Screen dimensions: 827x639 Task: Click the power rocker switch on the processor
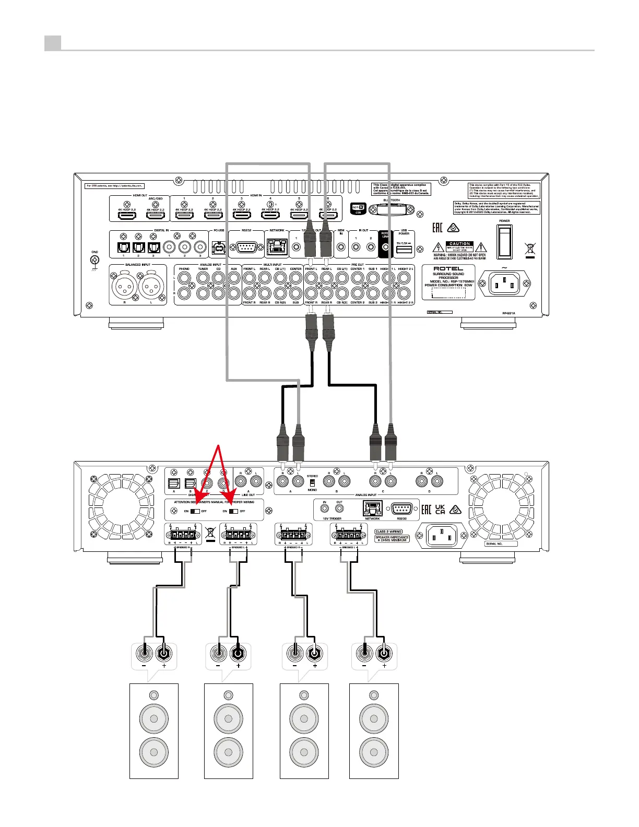[504, 242]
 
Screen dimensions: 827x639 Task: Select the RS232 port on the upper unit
[246, 247]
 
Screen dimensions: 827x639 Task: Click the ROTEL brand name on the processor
[448, 268]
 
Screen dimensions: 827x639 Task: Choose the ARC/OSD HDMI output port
[155, 215]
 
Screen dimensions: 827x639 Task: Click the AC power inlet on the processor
[504, 283]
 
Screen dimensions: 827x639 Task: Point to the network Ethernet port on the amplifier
[372, 508]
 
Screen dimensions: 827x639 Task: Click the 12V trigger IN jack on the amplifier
[325, 508]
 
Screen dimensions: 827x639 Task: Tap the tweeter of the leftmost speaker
[153, 695]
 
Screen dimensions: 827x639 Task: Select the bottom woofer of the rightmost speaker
[373, 752]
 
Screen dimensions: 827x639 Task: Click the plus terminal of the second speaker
[238, 653]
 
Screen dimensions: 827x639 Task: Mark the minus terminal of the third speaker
[295, 653]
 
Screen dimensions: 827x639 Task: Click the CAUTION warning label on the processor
[459, 244]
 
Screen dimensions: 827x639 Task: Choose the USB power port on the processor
[404, 250]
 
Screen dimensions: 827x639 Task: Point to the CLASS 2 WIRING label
[388, 531]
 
